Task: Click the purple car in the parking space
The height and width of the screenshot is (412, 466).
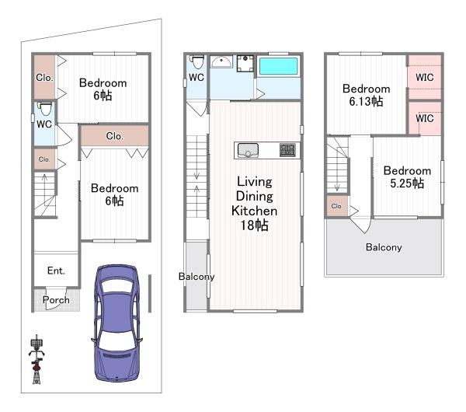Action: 116,323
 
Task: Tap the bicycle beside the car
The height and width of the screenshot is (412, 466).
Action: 37,359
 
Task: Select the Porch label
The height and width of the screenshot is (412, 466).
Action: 56,300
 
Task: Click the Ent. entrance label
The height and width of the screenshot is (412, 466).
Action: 56,271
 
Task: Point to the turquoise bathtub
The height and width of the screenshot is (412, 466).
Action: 278,66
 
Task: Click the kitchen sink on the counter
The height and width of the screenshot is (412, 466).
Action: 248,150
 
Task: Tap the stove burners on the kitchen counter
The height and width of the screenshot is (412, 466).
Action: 287,150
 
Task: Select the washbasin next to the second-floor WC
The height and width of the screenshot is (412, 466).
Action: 221,61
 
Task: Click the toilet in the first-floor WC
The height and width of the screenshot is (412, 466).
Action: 46,109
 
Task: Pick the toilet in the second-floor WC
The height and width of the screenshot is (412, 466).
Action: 197,61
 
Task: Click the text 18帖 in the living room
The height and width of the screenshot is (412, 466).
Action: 255,225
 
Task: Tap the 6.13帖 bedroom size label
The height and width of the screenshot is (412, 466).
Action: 366,101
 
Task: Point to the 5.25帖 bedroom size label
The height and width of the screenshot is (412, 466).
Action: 407,183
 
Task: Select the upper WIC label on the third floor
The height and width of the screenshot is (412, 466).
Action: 424,77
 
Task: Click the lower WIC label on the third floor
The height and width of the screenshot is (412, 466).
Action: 424,118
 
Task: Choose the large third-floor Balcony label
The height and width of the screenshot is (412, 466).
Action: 384,247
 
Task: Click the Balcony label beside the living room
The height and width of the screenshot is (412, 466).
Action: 196,277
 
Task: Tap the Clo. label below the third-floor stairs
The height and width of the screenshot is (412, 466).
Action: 337,206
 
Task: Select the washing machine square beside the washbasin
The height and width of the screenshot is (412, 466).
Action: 245,64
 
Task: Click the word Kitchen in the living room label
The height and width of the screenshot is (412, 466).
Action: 255,211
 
